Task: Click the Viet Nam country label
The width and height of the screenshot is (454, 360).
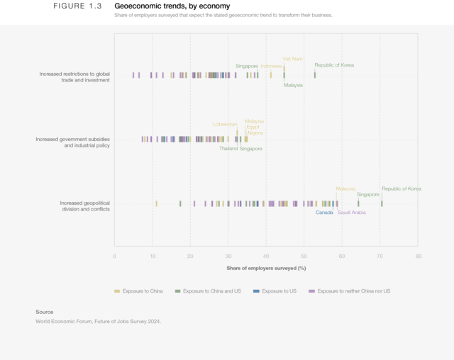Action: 292,59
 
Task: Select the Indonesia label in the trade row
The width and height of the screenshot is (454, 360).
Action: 271,66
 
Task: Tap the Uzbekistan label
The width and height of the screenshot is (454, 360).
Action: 225,124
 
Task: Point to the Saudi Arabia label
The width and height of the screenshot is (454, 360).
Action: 352,212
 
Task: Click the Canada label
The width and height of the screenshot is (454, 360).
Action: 324,212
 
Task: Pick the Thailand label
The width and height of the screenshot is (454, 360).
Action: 228,149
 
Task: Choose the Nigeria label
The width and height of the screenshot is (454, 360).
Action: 255,133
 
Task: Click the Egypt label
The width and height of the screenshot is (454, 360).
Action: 253,127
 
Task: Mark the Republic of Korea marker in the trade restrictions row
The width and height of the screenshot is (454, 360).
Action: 315,74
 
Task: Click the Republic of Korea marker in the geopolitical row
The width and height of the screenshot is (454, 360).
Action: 382,203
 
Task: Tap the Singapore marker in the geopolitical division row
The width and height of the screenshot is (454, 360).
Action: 358,203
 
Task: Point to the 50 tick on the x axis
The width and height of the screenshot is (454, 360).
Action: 304,256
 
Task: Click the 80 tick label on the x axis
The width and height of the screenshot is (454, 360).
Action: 417,256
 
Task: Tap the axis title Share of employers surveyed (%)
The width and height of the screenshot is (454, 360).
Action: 266,268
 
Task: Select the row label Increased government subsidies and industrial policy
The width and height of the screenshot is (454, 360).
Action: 72,142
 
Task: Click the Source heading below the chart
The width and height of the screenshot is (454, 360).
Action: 45,312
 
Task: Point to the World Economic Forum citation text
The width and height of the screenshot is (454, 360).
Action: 99,321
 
